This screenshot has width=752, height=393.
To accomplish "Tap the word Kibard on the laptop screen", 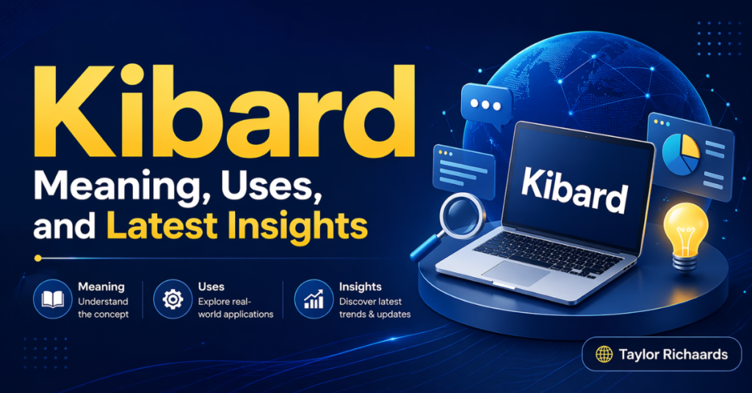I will tap(575, 190).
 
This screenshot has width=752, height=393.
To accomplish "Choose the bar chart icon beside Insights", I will tap(312, 299).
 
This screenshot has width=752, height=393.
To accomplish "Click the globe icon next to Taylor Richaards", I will tap(604, 355).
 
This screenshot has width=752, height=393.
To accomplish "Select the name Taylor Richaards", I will tap(673, 355).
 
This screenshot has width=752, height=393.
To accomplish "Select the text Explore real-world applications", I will tap(235, 308).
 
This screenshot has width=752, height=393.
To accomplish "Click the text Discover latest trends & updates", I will tap(375, 308).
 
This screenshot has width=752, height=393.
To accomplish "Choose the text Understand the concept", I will tap(103, 308).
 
